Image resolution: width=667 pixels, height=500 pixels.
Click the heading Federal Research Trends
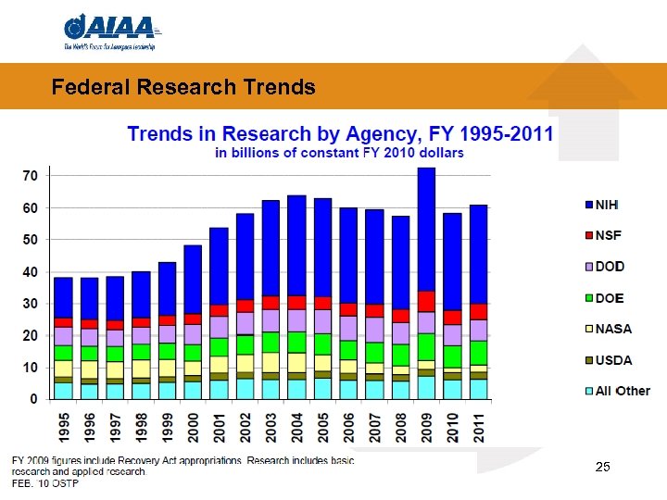[x=183, y=88]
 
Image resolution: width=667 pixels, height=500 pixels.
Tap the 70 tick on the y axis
[x=30, y=176]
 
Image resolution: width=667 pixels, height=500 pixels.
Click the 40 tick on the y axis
[x=30, y=271]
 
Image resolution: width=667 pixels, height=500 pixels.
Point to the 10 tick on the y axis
[x=30, y=368]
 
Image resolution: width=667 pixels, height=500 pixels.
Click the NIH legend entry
[x=608, y=204]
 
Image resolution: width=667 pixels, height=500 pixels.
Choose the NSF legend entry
[x=609, y=235]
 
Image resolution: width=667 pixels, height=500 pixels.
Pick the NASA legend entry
[x=613, y=329]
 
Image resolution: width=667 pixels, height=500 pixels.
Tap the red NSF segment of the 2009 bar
[x=427, y=301]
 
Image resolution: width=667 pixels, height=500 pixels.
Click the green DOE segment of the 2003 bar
[x=271, y=342]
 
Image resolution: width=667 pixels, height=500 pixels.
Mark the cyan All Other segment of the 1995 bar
[x=63, y=391]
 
